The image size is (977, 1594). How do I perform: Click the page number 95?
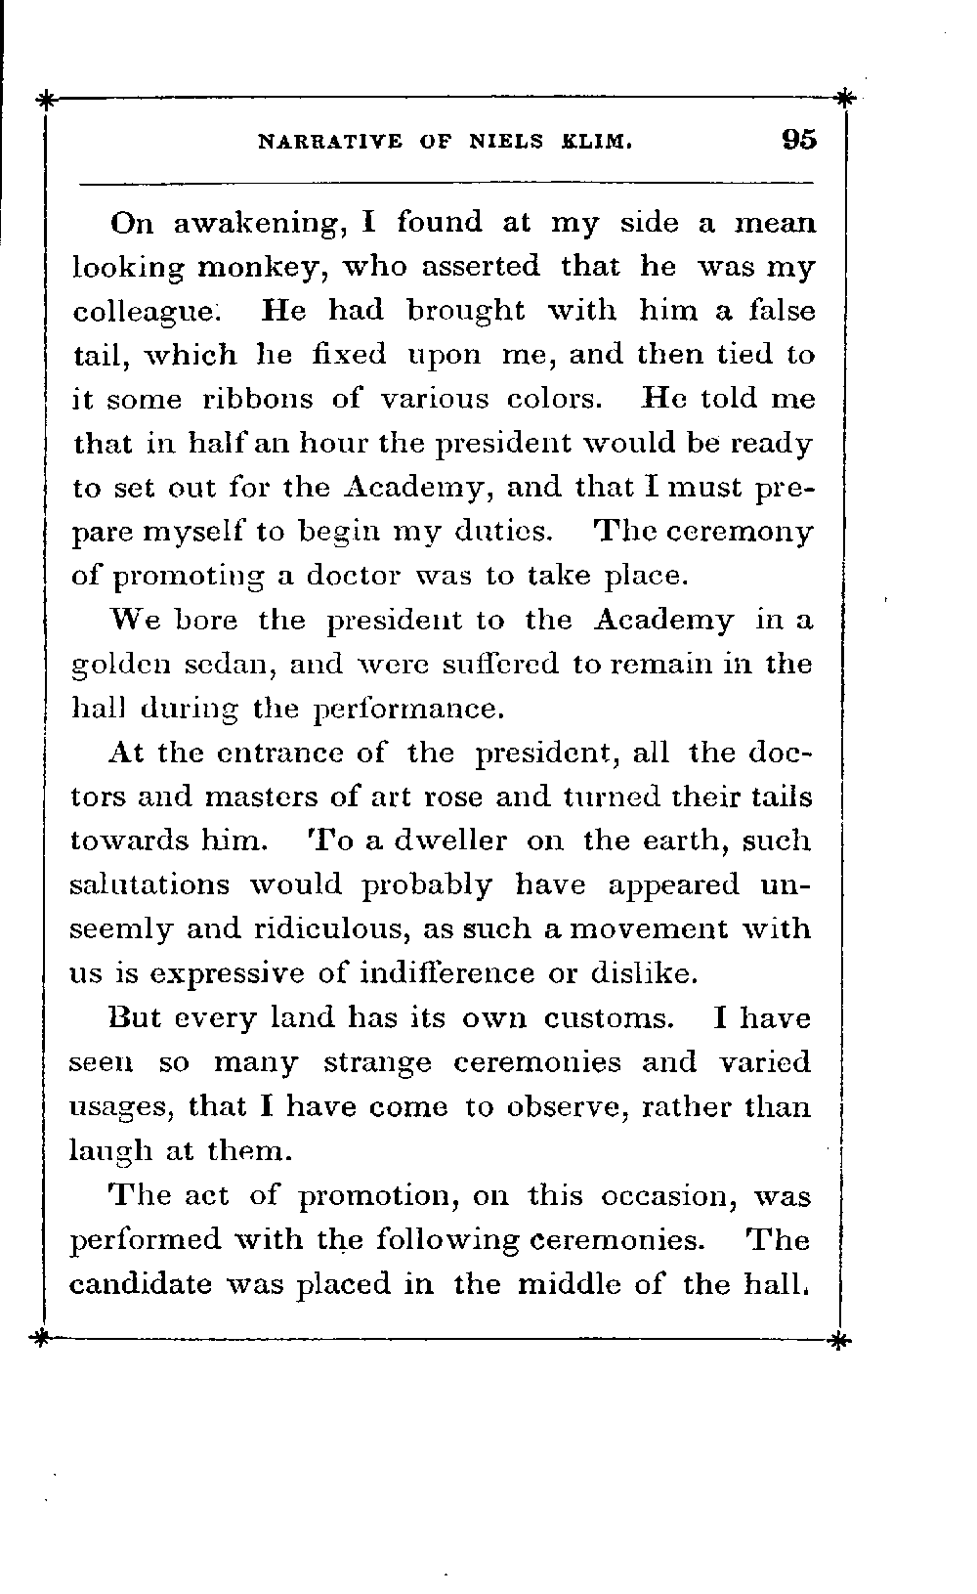(798, 140)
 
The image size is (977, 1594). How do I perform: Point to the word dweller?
(451, 840)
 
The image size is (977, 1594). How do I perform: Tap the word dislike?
(645, 972)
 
